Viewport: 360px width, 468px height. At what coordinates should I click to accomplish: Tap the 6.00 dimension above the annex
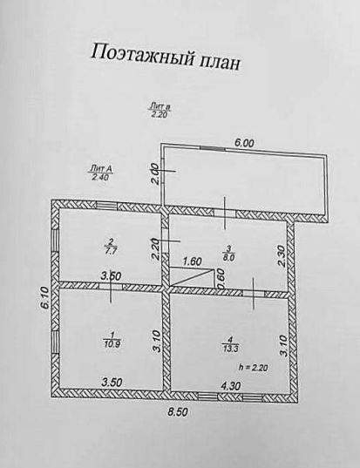click(244, 143)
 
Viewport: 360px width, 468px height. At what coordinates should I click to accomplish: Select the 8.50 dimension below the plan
click(178, 412)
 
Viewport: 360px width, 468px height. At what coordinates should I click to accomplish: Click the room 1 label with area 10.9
click(112, 339)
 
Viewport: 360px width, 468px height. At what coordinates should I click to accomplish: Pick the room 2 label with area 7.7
click(111, 246)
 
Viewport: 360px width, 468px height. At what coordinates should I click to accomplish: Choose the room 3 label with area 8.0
click(229, 252)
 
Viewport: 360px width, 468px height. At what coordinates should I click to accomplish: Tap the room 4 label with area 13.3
click(230, 344)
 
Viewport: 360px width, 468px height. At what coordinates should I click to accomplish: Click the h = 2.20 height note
click(253, 368)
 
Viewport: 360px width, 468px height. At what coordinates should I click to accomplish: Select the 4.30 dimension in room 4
click(229, 386)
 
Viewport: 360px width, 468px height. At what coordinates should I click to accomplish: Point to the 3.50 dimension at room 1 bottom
click(111, 383)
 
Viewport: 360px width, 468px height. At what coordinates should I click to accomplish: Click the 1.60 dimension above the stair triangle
click(193, 261)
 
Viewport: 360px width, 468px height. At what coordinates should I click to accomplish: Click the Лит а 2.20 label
click(160, 111)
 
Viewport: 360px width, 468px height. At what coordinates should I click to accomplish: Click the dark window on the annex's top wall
click(212, 148)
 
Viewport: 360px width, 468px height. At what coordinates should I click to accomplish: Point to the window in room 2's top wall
click(106, 206)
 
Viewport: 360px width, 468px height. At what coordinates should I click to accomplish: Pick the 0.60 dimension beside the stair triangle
click(221, 280)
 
